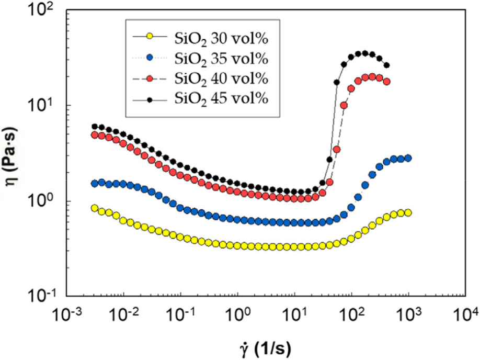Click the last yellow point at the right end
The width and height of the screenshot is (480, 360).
point(408,212)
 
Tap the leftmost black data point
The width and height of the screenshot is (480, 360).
point(95,127)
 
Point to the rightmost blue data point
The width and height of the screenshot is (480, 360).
point(408,158)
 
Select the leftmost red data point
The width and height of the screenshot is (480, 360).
point(95,135)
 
